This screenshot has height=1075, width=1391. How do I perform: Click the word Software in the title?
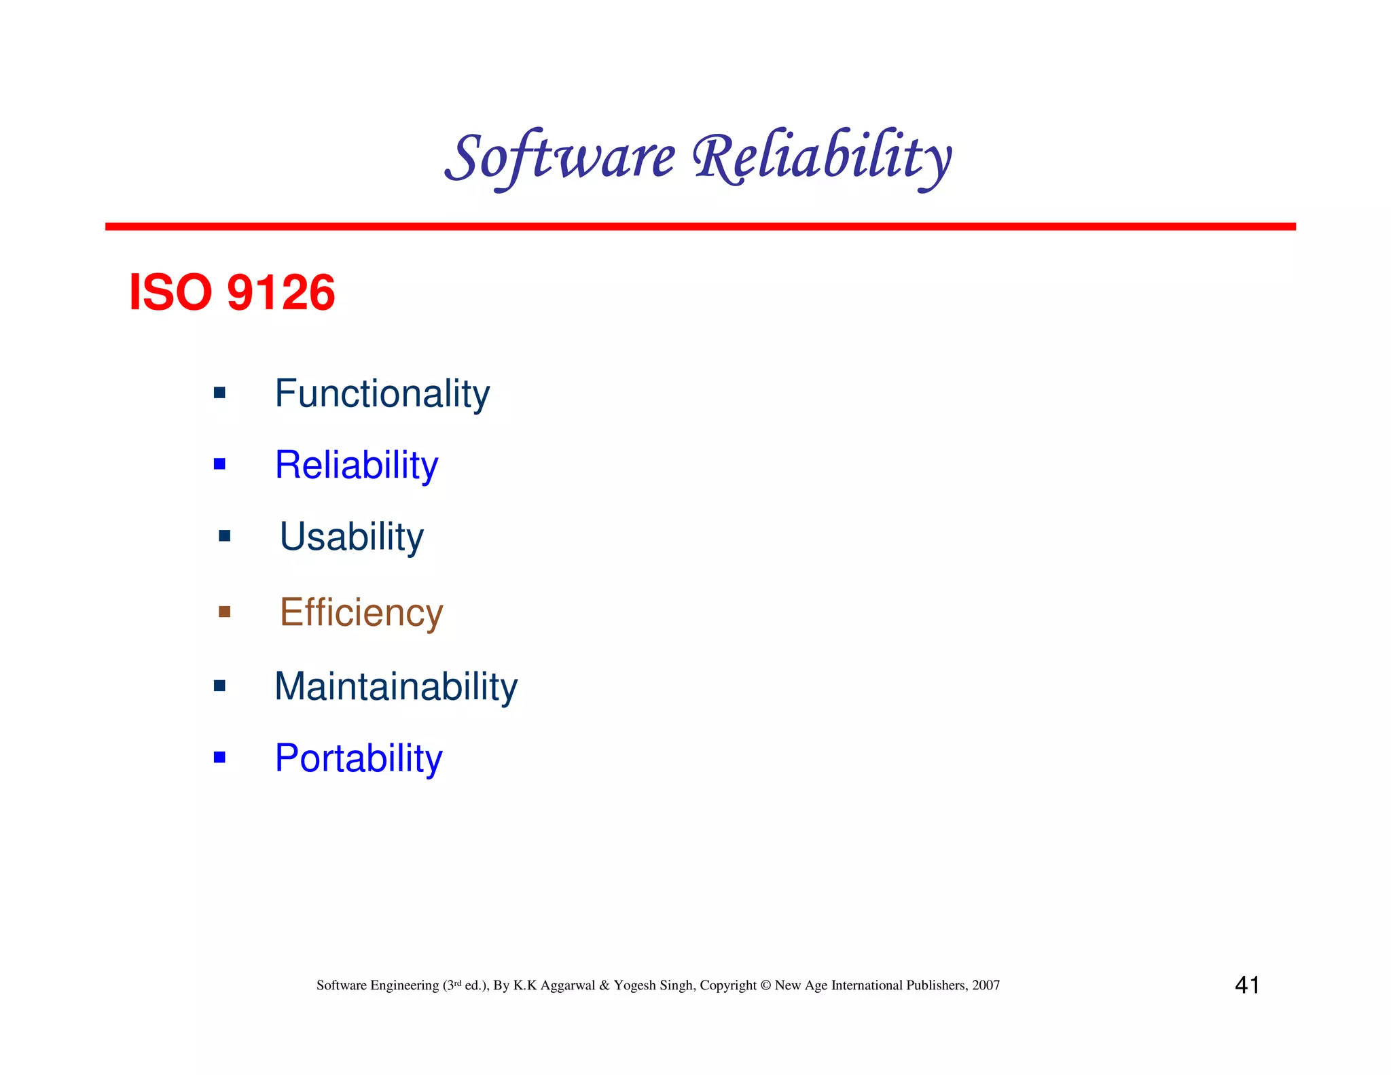point(560,158)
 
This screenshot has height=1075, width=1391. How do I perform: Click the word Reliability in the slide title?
point(822,158)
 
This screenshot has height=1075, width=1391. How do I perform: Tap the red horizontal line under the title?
point(700,226)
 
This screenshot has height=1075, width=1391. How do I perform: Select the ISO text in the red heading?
point(170,293)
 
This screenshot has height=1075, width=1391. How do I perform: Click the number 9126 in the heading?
point(281,293)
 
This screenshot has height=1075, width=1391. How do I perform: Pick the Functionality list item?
point(382,393)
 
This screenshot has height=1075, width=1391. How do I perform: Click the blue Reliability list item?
point(357,465)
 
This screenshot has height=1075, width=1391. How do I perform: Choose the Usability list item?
point(351,537)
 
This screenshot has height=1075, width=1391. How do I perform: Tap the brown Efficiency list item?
point(361,612)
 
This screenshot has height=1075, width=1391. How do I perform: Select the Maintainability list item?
point(395,686)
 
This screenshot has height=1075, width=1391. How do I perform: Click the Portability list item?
point(358,758)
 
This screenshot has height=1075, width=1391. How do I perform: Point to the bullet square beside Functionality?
point(219,392)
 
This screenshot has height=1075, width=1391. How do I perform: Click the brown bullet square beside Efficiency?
point(224,612)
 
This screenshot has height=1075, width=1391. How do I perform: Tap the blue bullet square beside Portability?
point(219,757)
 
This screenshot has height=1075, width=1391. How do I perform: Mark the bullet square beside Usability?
point(224,536)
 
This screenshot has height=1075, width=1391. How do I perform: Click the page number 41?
point(1247,985)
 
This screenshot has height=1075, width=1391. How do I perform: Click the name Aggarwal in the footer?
point(568,986)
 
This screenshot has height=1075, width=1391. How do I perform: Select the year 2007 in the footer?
point(986,985)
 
